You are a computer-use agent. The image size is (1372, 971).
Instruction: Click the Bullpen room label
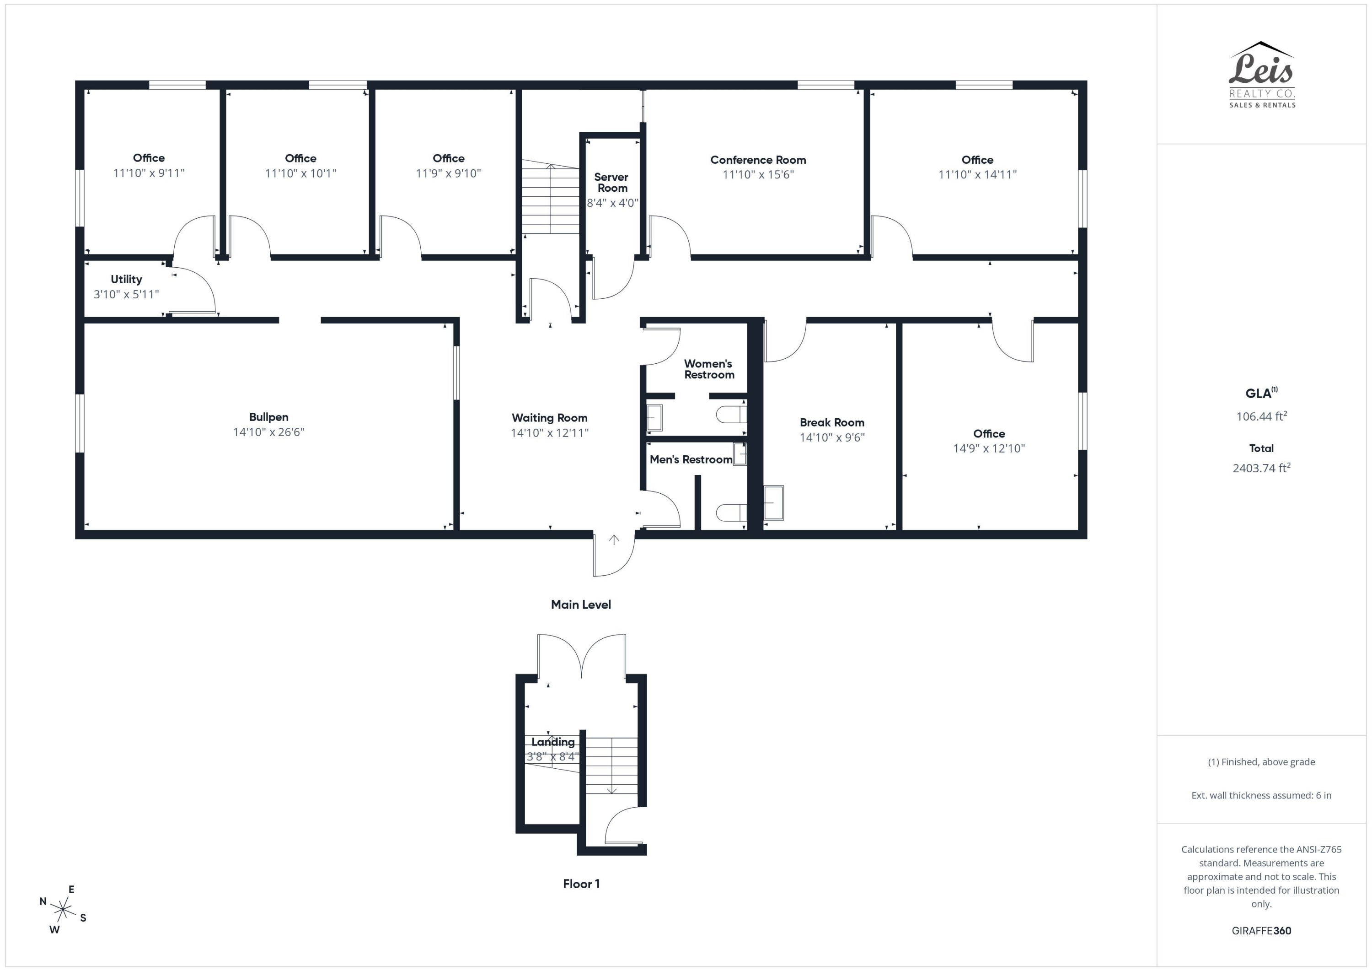pos(268,417)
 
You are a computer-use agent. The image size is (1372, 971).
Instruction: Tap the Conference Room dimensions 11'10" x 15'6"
pos(758,175)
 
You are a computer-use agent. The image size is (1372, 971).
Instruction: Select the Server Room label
pos(611,183)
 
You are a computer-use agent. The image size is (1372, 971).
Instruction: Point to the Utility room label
pos(126,279)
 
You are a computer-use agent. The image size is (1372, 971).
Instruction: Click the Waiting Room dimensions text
pos(549,432)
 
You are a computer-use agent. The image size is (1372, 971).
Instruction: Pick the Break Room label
pos(832,422)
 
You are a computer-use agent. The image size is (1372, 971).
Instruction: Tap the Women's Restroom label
pos(709,369)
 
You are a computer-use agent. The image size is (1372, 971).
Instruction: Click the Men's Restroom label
pos(691,459)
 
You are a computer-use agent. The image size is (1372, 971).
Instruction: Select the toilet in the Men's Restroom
pos(731,512)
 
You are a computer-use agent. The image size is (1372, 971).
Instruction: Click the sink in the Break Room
pos(774,503)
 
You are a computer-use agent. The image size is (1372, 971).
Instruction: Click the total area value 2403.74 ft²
pos(1261,468)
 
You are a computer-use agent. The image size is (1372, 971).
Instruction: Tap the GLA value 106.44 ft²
pos(1261,416)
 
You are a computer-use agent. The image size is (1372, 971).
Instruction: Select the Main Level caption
pos(581,604)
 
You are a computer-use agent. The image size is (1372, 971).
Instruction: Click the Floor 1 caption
pos(581,884)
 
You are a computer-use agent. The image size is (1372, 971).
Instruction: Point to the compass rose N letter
pos(43,901)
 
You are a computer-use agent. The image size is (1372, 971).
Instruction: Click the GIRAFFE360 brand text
pos(1261,930)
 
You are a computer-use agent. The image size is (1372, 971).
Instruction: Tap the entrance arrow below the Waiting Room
pos(614,540)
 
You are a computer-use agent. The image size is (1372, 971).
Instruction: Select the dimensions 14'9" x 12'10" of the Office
pos(988,448)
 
